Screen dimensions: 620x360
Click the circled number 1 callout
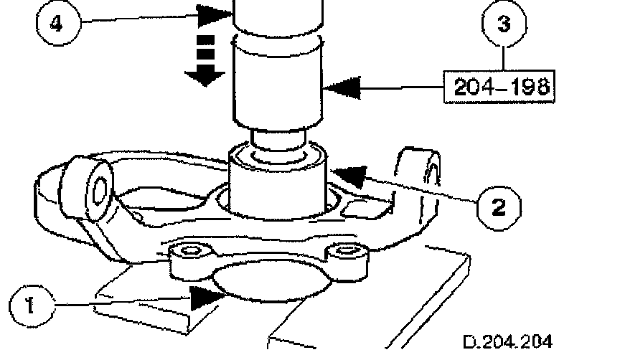point(29,307)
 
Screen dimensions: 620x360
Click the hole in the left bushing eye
point(98,189)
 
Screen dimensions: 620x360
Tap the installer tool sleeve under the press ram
point(278,82)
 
